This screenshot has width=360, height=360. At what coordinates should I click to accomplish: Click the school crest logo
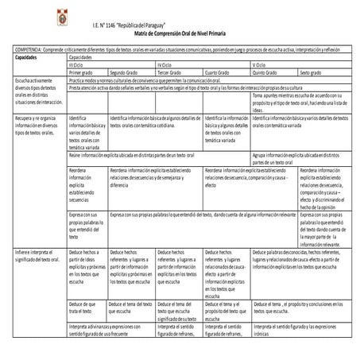tap(21, 16)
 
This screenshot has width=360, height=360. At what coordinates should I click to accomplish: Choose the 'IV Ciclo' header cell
tap(165, 65)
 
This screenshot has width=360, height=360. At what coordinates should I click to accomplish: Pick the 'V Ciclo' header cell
tap(260, 65)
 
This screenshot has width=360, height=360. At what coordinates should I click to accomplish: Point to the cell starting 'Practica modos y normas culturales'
tap(159, 80)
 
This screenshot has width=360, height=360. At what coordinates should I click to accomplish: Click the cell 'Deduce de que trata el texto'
tap(85, 308)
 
